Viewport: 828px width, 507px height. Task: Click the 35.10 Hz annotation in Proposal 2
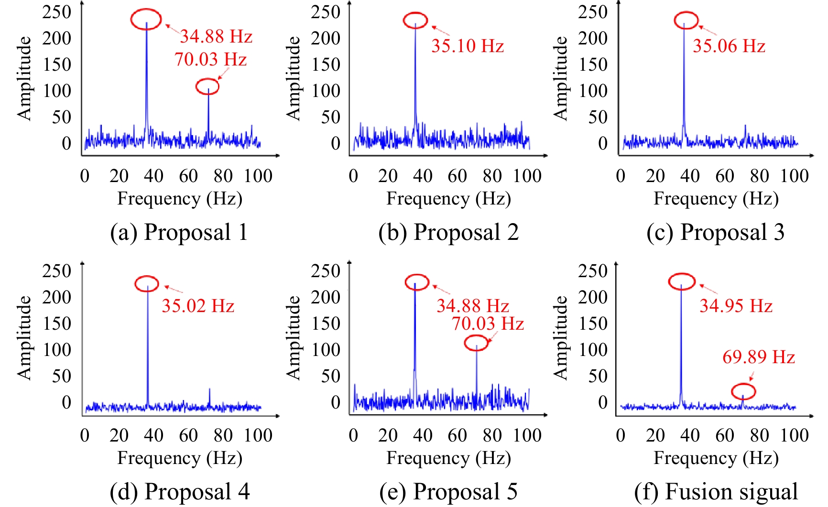(x=468, y=46)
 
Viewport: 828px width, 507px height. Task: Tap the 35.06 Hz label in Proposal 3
(x=729, y=46)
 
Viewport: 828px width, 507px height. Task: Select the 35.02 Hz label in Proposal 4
(x=198, y=306)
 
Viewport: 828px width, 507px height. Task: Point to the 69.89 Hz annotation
(x=758, y=357)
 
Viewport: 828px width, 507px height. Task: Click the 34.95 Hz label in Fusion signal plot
(x=736, y=306)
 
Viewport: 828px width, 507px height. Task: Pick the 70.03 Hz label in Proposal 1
(x=210, y=59)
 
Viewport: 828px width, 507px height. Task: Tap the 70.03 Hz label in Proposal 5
(x=488, y=324)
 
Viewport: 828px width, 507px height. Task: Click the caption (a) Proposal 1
(x=179, y=232)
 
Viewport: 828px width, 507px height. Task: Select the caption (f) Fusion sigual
(x=716, y=492)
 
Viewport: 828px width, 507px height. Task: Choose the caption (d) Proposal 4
(x=180, y=492)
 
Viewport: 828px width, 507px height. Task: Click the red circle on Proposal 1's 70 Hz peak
(x=207, y=86)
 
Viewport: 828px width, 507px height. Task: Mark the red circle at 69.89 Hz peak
(x=743, y=391)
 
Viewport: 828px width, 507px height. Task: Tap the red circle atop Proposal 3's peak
(x=686, y=21)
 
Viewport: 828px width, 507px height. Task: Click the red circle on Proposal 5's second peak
(x=477, y=343)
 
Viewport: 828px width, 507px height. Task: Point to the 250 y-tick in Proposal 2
(x=326, y=11)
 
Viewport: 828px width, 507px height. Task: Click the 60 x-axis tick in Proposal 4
(x=188, y=435)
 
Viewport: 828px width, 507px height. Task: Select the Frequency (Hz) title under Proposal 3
(x=716, y=198)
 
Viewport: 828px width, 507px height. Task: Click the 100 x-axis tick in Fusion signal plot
(x=795, y=435)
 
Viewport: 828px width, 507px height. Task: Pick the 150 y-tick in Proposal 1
(x=57, y=64)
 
